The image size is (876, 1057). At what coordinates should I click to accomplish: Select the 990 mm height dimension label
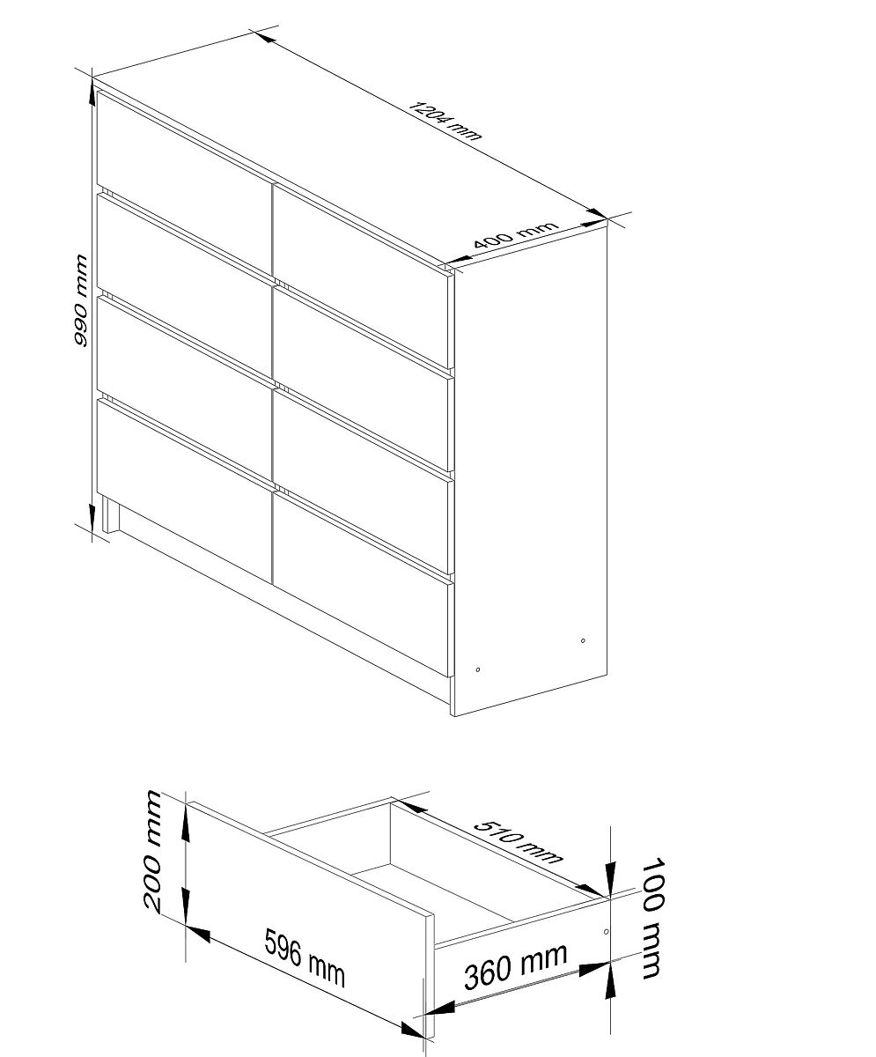[80, 300]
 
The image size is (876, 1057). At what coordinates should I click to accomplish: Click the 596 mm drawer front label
[305, 957]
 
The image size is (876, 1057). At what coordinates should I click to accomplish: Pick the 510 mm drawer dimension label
[518, 842]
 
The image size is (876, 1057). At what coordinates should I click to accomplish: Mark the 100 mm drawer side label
[652, 919]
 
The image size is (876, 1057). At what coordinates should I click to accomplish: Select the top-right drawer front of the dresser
[361, 277]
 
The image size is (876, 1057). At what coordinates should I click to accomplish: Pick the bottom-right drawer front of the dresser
[361, 585]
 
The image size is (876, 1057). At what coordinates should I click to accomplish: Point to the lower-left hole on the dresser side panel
[478, 669]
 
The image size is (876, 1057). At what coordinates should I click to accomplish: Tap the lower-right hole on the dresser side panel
[583, 641]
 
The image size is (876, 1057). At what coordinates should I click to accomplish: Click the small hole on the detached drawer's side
[607, 931]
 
